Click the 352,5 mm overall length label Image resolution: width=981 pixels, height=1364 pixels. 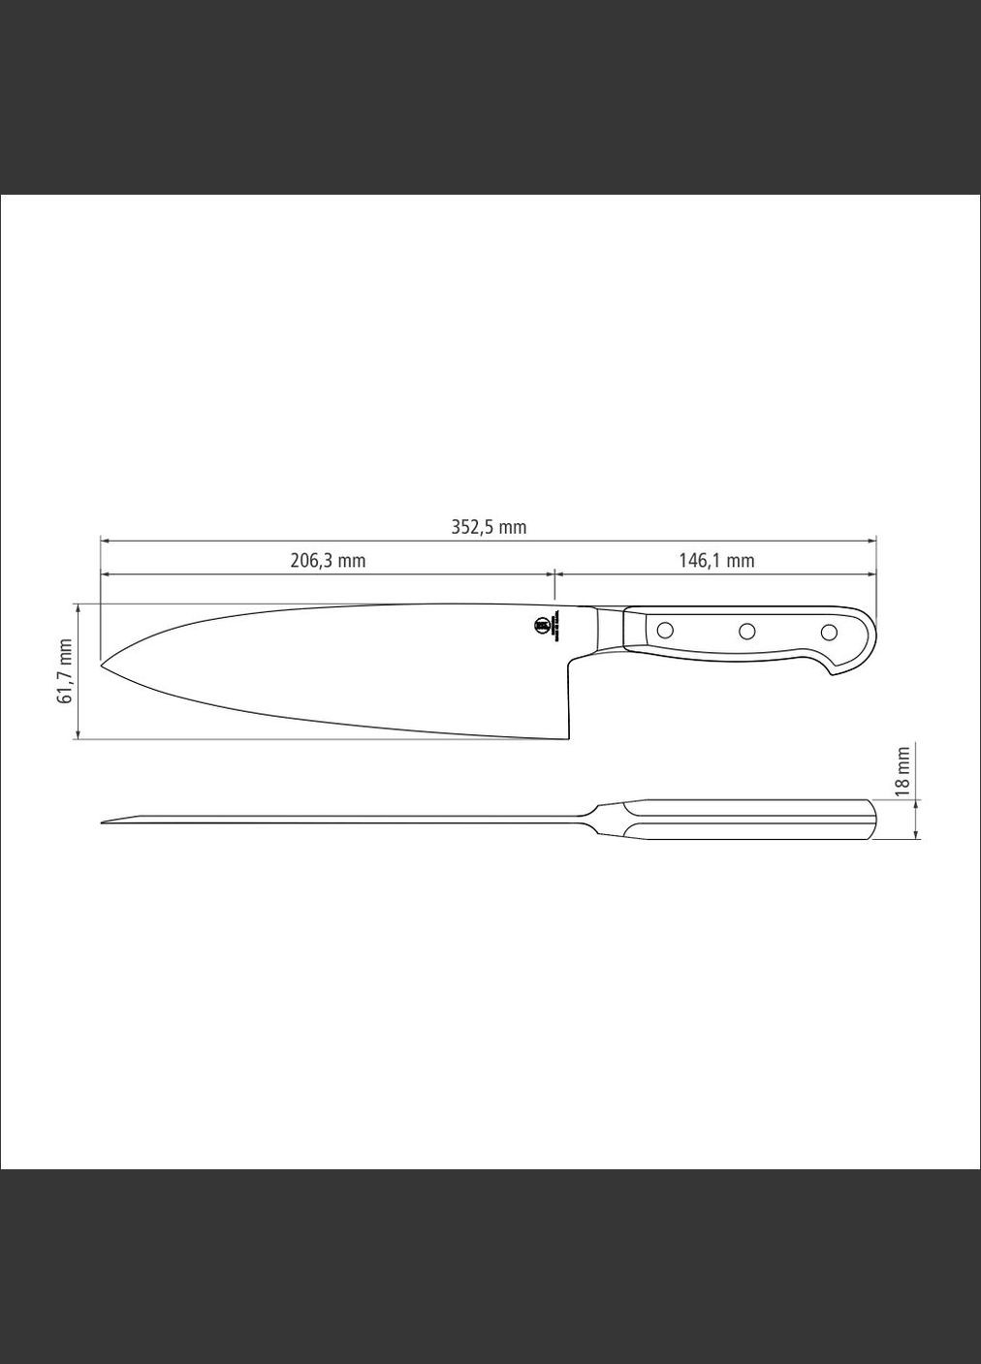point(489,527)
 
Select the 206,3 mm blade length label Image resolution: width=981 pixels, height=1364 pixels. point(328,560)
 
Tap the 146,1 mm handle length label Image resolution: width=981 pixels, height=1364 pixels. point(715,560)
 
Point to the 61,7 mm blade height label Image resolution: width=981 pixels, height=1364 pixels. point(66,670)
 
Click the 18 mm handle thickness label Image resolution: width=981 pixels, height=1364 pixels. point(903,771)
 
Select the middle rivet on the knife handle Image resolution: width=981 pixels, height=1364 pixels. point(746,632)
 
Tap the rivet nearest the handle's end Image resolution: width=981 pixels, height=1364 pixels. point(829,633)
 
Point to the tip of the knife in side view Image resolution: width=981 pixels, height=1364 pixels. point(102,665)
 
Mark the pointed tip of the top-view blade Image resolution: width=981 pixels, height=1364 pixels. point(104,822)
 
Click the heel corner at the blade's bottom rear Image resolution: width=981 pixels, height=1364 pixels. point(566,739)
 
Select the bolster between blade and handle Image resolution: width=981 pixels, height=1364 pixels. point(609,630)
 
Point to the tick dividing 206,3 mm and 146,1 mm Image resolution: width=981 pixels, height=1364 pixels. point(554,581)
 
